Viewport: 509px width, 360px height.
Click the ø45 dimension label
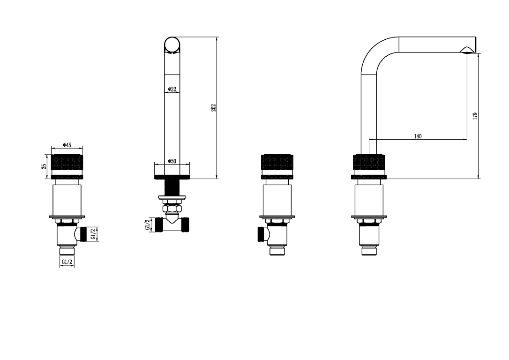click(67, 145)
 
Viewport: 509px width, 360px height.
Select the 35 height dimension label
click(44, 166)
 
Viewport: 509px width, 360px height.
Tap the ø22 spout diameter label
click(172, 89)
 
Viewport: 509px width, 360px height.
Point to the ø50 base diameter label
click(172, 161)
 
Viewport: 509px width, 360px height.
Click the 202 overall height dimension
click(213, 108)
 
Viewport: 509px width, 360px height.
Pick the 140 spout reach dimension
click(418, 136)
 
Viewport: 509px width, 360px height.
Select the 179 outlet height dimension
click(475, 116)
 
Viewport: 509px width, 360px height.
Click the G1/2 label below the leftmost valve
click(67, 262)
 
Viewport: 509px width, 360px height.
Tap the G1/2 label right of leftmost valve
click(93, 234)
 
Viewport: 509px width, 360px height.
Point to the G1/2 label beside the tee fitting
click(148, 225)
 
